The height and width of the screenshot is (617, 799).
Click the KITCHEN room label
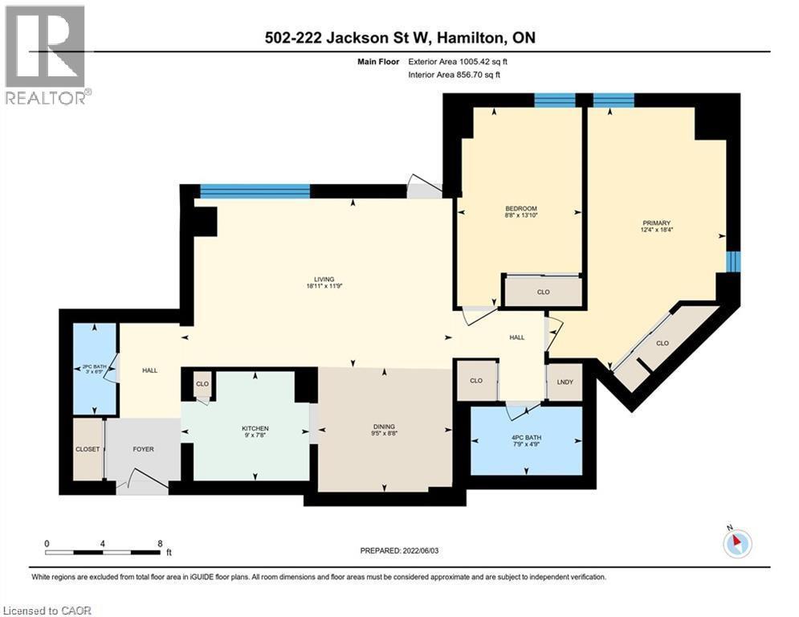click(255, 428)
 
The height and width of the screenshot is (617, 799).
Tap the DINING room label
click(384, 427)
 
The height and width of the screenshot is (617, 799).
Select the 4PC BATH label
click(526, 438)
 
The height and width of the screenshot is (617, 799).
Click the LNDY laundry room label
click(565, 381)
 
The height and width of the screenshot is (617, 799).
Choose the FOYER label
click(143, 449)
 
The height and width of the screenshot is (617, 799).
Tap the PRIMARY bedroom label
click(656, 223)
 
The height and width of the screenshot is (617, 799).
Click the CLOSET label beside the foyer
click(87, 449)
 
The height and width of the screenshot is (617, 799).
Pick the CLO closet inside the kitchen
click(202, 384)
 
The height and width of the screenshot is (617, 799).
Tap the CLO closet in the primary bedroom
click(662, 343)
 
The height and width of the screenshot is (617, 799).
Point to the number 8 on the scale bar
click(160, 543)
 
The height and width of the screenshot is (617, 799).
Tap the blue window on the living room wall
click(255, 190)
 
